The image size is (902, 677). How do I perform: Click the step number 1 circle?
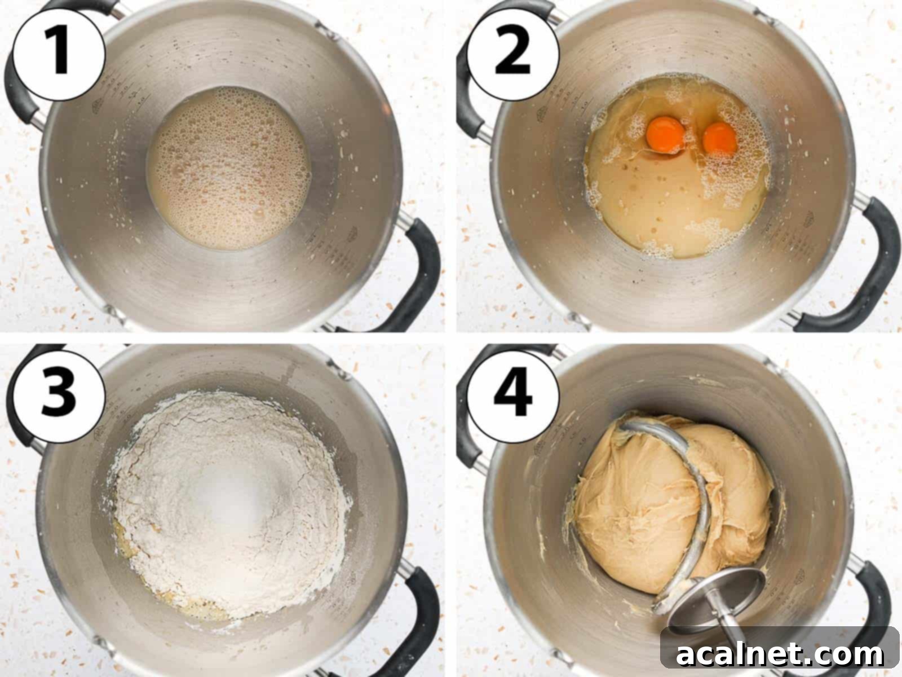click(59, 54)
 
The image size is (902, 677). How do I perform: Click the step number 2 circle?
click(512, 54)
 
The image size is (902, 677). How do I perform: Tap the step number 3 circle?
click(59, 391)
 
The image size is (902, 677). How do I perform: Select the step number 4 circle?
click(512, 391)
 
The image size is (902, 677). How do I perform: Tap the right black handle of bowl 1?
click(420, 271)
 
